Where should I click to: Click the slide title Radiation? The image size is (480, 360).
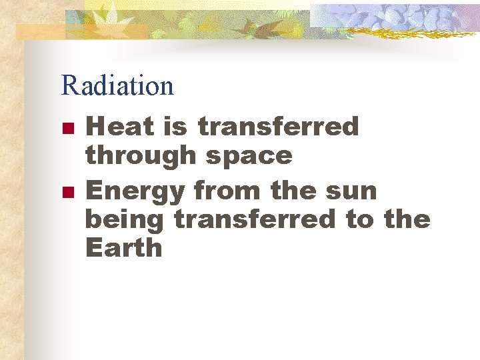tap(117, 85)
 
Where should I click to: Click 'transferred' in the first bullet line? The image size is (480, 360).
tap(279, 126)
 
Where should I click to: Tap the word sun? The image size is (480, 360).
tap(351, 190)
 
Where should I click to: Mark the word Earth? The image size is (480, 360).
tap(123, 248)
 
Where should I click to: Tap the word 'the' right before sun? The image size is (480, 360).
tap(293, 190)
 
